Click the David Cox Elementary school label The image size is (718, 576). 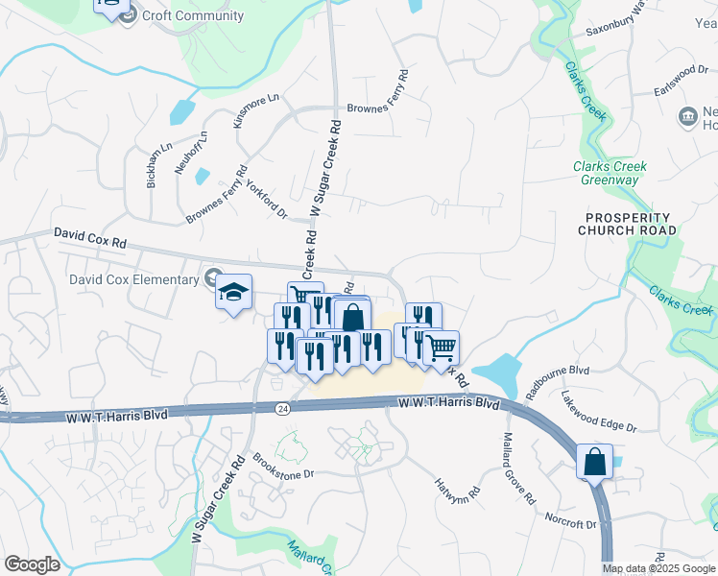133,279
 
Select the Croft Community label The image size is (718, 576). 192,16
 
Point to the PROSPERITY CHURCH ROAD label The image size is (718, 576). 628,224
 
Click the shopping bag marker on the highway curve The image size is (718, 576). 594,461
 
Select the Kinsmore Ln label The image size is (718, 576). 255,110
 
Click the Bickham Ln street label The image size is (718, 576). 153,162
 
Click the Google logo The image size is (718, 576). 32,564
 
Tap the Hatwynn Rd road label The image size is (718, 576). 457,493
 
